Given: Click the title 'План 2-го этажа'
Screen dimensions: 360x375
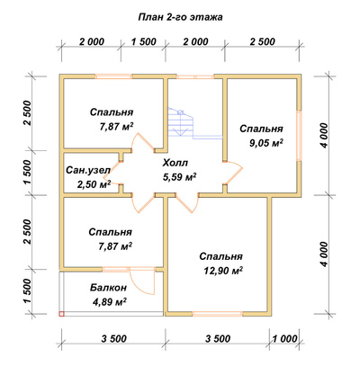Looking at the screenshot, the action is click(180, 18).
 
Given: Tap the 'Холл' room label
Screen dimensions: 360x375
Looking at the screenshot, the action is click(175, 163).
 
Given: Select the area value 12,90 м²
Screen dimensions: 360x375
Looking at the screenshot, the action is click(223, 271).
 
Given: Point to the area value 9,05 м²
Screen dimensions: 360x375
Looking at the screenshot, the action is click(266, 143).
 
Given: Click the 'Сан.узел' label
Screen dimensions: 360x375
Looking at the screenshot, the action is click(88, 170).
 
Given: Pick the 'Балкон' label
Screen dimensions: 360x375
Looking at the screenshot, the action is click(108, 288).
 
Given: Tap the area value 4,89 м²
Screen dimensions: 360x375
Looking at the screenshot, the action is click(109, 301).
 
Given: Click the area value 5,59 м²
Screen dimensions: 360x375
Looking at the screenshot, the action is click(179, 177).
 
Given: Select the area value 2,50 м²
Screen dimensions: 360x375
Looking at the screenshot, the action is click(94, 184).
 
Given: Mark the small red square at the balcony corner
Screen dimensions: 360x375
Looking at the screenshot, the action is click(61, 314).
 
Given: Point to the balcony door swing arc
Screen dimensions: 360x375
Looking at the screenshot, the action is click(139, 286).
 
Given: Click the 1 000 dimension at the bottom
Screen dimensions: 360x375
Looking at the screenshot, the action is click(284, 339).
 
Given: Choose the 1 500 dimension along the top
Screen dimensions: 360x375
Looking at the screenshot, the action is click(143, 41).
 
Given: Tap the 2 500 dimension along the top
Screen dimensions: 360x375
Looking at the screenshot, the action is click(262, 41).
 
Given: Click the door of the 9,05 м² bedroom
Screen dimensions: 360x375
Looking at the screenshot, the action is click(234, 172).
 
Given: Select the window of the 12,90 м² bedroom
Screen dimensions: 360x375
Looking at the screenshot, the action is click(217, 314).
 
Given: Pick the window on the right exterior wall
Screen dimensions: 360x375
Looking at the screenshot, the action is click(299, 136).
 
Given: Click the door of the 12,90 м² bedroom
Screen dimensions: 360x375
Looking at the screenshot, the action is click(186, 204).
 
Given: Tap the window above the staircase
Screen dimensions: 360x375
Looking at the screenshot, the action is click(194, 76).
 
